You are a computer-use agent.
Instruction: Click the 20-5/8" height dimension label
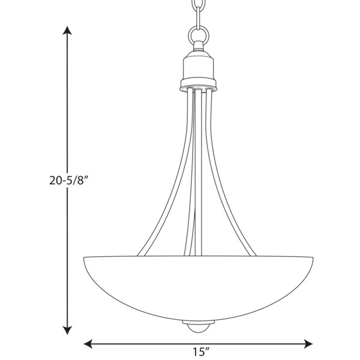click(69, 181)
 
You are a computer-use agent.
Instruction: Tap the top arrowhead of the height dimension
click(67, 31)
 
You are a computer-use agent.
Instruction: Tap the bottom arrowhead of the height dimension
click(67, 330)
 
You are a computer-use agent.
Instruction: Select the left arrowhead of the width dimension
click(88, 344)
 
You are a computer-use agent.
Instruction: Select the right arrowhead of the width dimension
click(308, 344)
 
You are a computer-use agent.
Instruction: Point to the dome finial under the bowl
click(198, 326)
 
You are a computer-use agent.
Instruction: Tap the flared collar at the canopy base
click(199, 85)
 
